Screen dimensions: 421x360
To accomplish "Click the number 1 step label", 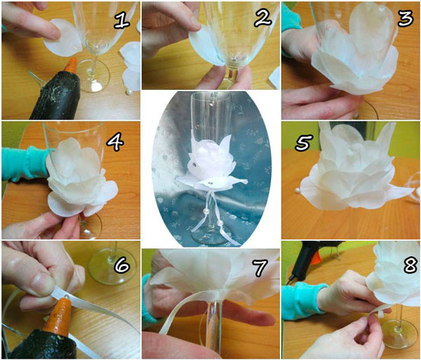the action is [122, 20].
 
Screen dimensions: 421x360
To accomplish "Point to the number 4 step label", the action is [115, 142].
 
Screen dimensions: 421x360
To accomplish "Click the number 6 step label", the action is [122, 265].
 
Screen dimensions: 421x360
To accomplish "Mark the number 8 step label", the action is [410, 265].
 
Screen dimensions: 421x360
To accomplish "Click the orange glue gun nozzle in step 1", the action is [72, 65].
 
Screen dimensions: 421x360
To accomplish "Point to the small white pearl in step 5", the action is [298, 191].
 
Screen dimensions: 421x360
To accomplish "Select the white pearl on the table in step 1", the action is [130, 93].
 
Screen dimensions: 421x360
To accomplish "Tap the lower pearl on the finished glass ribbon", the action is [220, 223].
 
